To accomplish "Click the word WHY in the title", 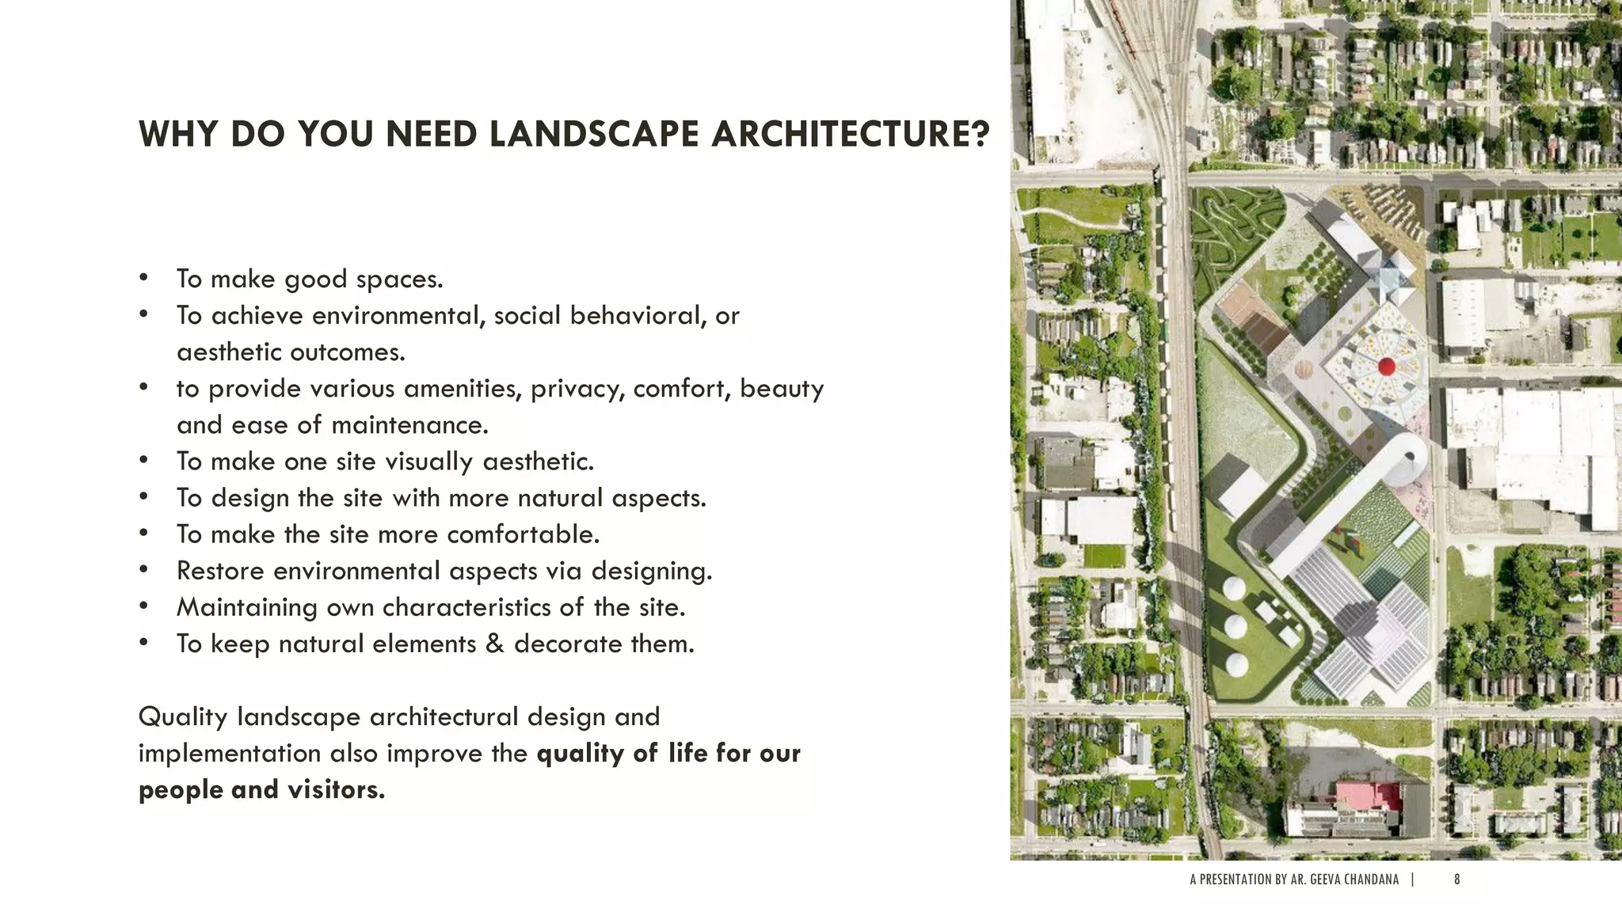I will pos(178,134).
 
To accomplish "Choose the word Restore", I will pos(220,571).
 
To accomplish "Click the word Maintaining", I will pos(247,607).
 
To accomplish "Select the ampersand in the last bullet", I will pos(495,644).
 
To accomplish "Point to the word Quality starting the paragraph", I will pos(183,717).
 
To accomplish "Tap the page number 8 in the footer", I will pos(1457,880).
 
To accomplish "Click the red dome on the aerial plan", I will pos(1386,366).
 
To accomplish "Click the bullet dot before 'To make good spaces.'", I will pos(143,278).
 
